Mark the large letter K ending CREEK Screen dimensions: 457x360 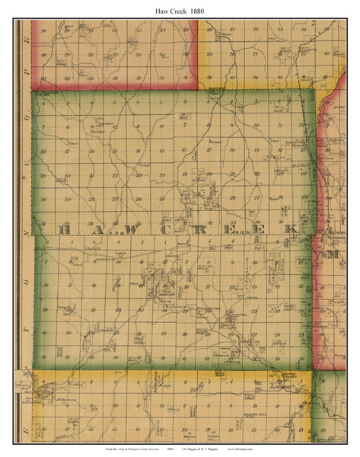pyautogui.click(x=289, y=229)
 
